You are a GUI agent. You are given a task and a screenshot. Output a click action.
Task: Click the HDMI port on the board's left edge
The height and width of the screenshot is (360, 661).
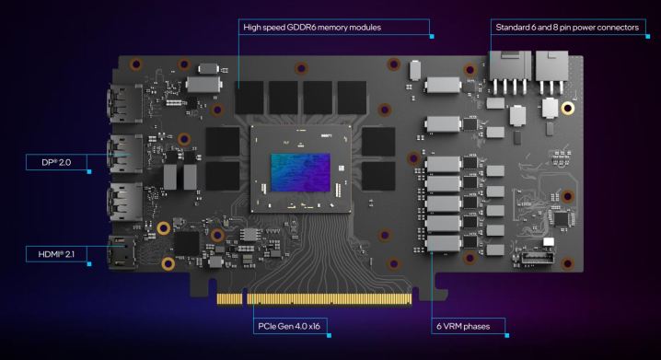[x=120, y=252]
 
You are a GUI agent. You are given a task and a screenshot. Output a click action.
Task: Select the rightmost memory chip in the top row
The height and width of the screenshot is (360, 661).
[x=352, y=93]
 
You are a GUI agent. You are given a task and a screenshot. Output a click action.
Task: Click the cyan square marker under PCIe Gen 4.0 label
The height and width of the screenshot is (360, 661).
[x=354, y=334]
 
